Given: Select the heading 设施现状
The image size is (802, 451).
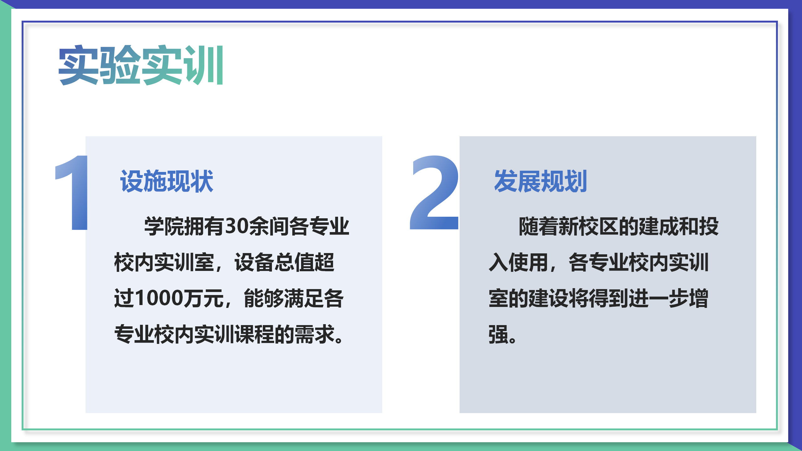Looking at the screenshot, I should [x=167, y=181].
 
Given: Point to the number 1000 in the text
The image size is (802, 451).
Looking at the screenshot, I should [x=159, y=298].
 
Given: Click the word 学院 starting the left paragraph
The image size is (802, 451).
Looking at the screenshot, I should [x=164, y=226].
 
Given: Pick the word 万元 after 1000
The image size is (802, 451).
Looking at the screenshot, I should [x=204, y=298].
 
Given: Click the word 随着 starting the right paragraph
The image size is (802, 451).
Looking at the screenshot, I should [x=539, y=226].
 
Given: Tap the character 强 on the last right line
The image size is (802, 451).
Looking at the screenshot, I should [x=498, y=334].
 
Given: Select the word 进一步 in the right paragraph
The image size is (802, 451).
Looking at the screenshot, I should [x=658, y=298].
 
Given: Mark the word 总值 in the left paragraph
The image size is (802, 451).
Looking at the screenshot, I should [x=294, y=262].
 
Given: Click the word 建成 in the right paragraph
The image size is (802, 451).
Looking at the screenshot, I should [x=658, y=226].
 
